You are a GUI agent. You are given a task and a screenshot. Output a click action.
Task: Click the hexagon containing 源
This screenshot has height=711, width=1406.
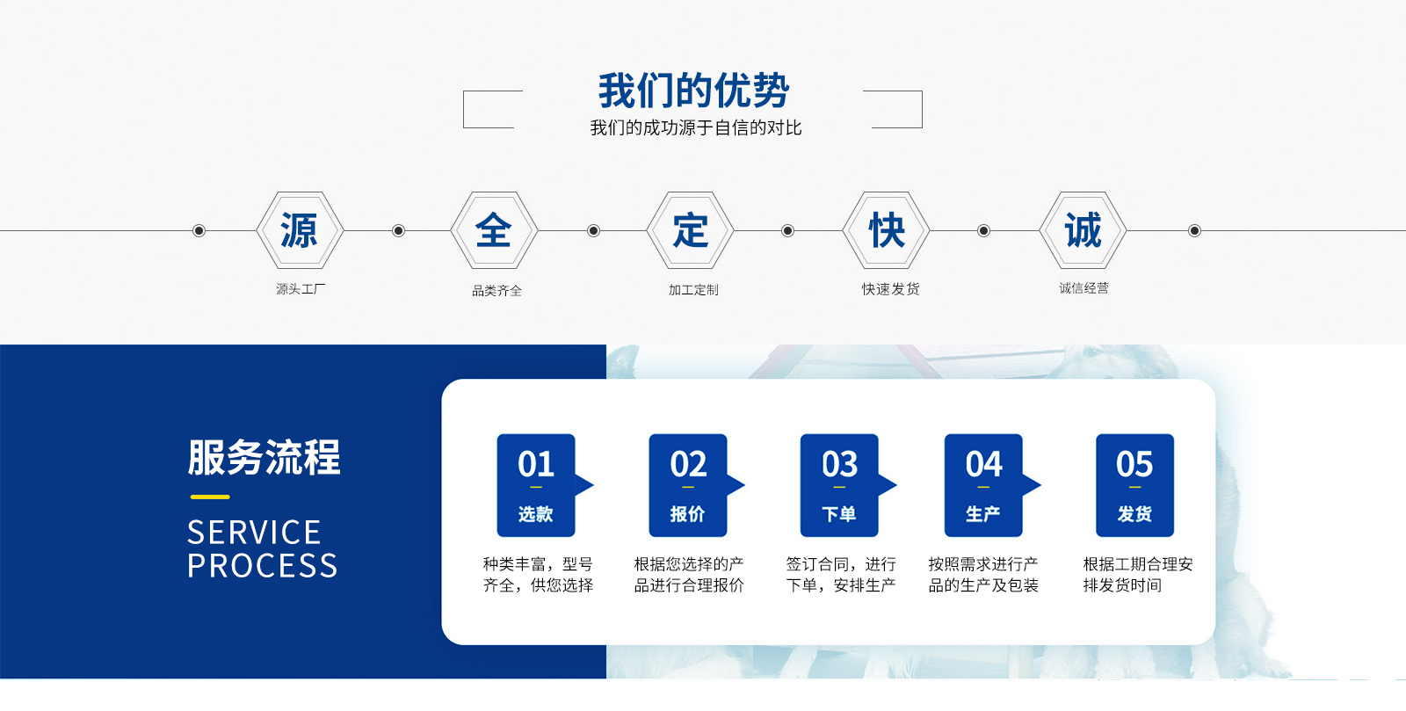(x=300, y=230)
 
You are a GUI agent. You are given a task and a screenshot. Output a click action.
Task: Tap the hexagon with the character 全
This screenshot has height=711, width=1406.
(x=494, y=230)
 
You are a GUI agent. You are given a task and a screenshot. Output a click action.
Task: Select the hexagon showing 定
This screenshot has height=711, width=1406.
(x=690, y=230)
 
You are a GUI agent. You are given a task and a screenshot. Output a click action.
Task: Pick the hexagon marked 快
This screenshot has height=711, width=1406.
(x=886, y=230)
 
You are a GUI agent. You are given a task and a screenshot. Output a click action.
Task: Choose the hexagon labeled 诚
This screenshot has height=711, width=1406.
(x=1083, y=230)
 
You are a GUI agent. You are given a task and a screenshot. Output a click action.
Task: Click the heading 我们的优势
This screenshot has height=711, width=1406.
(x=693, y=91)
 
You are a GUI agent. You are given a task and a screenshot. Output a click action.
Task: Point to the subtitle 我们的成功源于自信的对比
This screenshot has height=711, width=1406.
(x=695, y=128)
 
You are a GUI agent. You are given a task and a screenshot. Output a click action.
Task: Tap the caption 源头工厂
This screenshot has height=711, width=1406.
(x=301, y=288)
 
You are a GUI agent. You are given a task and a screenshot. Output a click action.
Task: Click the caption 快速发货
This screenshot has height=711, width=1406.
(x=890, y=288)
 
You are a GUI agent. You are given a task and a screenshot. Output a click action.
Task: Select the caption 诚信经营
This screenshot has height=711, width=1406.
(x=1084, y=288)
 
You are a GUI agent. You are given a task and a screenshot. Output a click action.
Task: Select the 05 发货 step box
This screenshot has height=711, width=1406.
(x=1134, y=485)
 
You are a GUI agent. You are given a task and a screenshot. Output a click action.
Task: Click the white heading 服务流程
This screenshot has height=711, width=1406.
(x=264, y=457)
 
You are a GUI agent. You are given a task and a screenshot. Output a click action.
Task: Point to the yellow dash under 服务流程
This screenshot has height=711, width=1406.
(x=210, y=497)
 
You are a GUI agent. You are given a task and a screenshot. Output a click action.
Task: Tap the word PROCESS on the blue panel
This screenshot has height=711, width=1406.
(x=263, y=565)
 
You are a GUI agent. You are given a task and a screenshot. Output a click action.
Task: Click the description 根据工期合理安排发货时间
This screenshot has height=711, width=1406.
(x=1137, y=575)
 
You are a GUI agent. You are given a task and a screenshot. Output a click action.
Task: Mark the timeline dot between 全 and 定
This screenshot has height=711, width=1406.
(x=593, y=231)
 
